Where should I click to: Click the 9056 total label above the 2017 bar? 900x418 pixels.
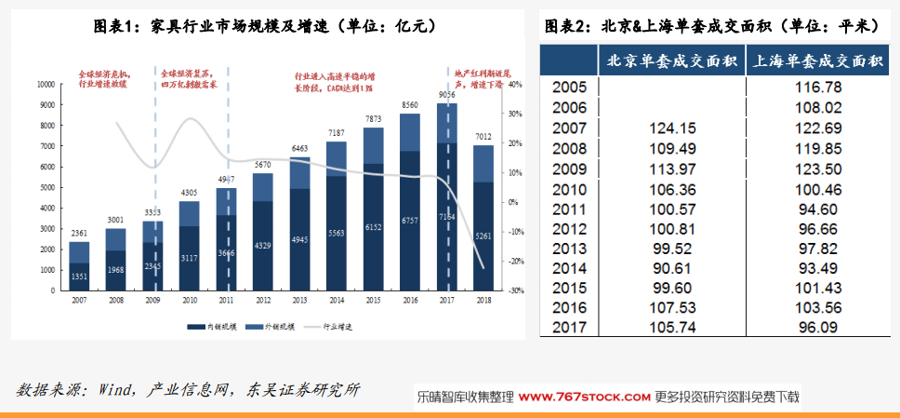coord(446,95)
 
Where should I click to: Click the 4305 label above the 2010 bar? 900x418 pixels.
coord(190,193)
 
